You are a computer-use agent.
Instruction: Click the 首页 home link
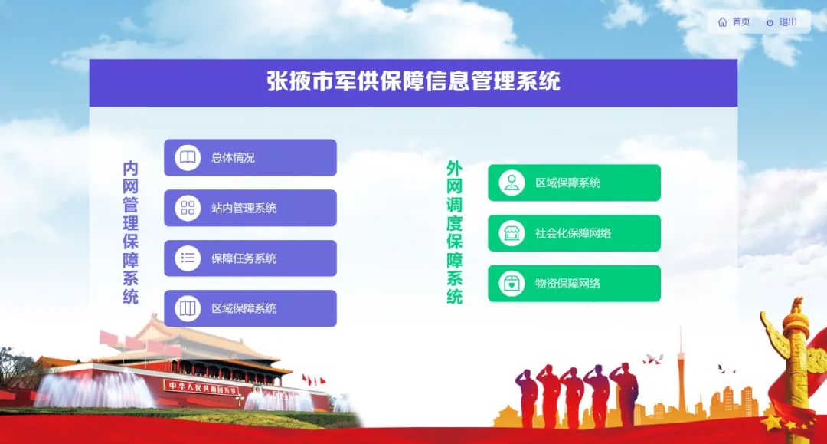(734, 22)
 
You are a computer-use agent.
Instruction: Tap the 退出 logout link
(782, 22)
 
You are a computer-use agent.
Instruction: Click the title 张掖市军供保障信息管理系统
(413, 81)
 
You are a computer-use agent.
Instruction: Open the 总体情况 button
(250, 157)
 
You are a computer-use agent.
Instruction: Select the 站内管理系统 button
(250, 208)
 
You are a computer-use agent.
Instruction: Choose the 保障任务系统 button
(250, 258)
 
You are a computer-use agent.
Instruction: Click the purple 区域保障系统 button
(250, 308)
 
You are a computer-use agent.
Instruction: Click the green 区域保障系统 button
(574, 183)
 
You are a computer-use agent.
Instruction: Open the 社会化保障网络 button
(574, 233)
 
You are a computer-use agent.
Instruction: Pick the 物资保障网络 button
(574, 284)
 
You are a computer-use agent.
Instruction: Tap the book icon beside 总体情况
(188, 157)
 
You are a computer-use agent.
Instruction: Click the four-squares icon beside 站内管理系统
(188, 208)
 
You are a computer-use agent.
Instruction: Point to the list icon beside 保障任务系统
(188, 258)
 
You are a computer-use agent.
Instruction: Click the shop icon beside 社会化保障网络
(512, 233)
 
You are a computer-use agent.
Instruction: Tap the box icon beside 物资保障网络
(512, 284)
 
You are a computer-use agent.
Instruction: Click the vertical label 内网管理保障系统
(130, 233)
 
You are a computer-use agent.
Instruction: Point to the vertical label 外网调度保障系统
(454, 233)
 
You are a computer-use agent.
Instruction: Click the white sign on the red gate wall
(202, 389)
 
